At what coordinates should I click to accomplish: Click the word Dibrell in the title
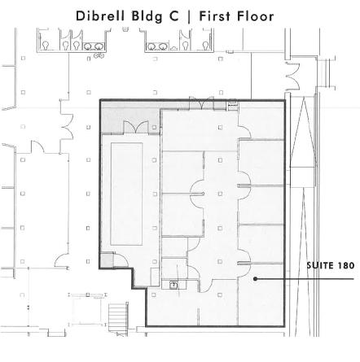[100, 16]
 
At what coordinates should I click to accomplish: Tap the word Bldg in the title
[147, 17]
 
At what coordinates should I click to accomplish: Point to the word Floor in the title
[255, 16]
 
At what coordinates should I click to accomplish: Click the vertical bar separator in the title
[189, 17]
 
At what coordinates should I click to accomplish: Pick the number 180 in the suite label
[346, 265]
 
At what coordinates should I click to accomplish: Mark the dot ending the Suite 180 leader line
[255, 278]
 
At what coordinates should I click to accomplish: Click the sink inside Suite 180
[173, 285]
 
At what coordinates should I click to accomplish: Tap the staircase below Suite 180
[118, 316]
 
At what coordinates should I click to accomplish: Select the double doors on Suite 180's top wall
[201, 103]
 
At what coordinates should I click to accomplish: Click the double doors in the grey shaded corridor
[136, 127]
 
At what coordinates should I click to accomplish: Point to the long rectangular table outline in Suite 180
[126, 194]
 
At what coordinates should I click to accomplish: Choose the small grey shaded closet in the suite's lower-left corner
[107, 260]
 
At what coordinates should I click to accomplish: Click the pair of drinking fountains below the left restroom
[99, 56]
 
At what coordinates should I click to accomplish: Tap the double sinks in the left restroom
[94, 46]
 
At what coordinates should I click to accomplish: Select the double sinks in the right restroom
[156, 46]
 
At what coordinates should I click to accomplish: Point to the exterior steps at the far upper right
[326, 72]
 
